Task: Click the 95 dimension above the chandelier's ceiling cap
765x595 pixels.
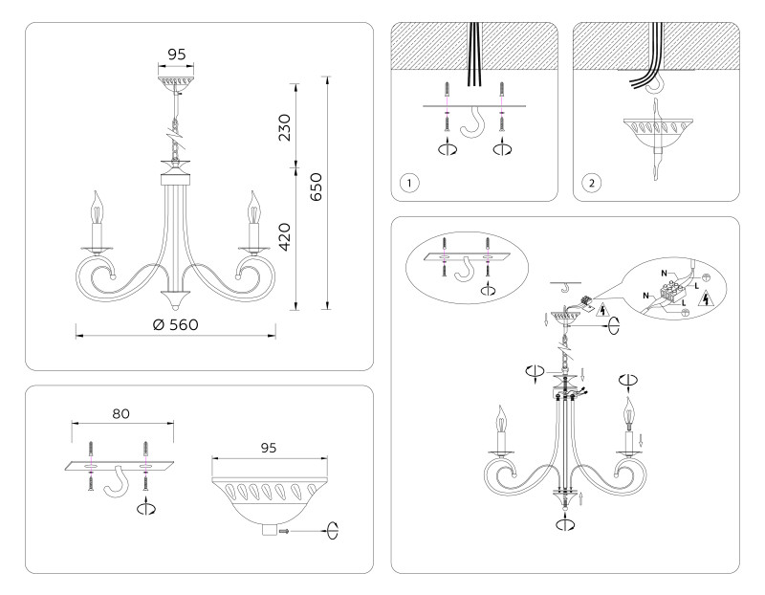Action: pyautogui.click(x=177, y=55)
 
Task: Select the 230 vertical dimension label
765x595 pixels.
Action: pyautogui.click(x=285, y=127)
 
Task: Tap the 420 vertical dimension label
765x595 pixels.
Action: pyautogui.click(x=285, y=236)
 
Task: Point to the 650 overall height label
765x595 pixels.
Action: pyautogui.click(x=316, y=187)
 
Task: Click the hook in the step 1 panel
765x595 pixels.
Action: pyautogui.click(x=473, y=123)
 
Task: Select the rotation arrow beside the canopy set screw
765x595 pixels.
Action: pyautogui.click(x=331, y=530)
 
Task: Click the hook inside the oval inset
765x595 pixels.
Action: pyautogui.click(x=467, y=271)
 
